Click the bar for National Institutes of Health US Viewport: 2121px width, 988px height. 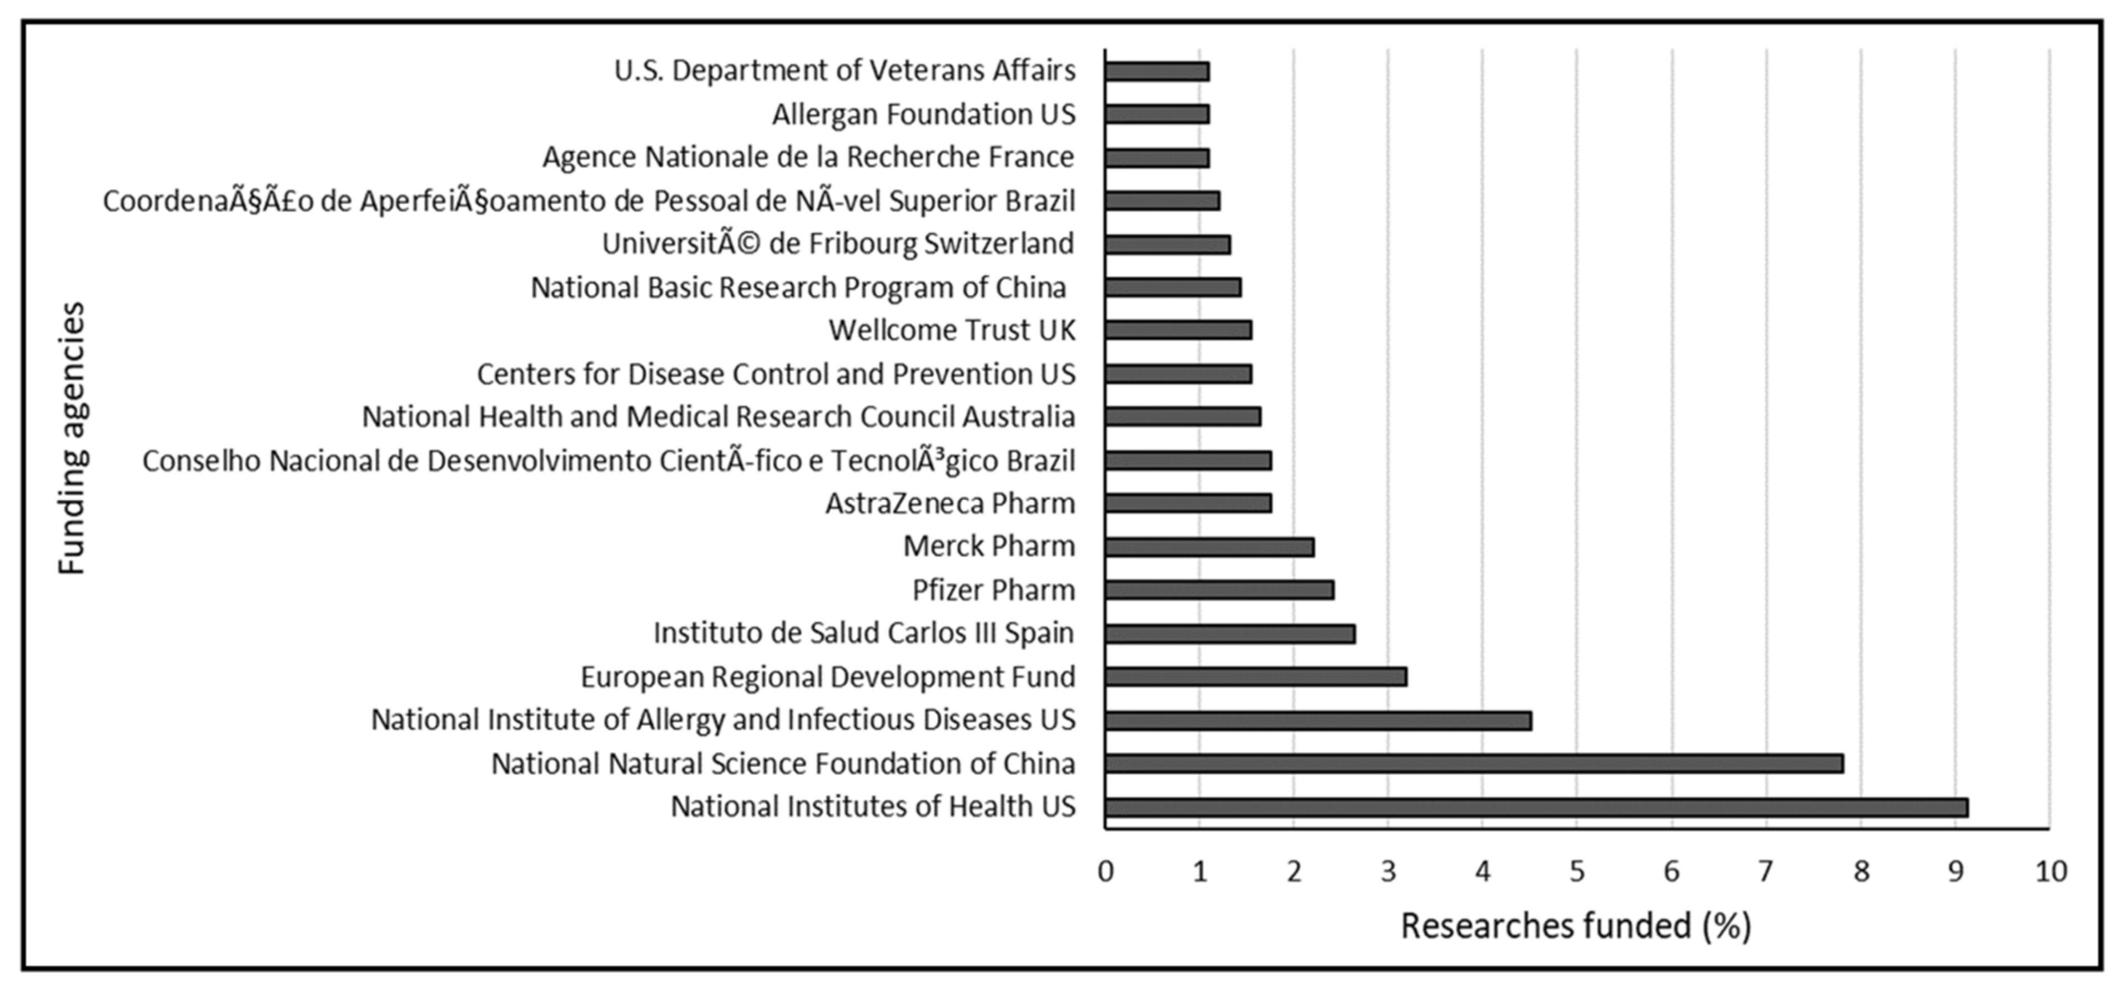tap(1536, 807)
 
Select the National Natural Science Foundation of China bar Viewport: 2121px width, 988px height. tap(1474, 763)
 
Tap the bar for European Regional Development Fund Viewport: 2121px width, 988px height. tap(1255, 677)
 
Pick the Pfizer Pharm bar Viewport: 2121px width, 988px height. tap(1219, 589)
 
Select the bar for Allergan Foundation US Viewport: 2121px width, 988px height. tap(1157, 114)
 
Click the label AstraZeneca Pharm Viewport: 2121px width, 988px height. tap(950, 503)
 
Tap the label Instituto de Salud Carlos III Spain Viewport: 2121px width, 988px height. tap(864, 633)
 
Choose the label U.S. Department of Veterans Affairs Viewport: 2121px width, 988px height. tap(845, 71)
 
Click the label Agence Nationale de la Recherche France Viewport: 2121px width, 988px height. tap(808, 157)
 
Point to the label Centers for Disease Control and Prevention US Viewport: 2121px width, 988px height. tap(776, 374)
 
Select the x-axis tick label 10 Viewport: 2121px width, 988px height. tap(2050, 871)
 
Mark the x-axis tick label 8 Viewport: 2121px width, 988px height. tap(1861, 871)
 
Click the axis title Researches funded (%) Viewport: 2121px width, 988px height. tap(1576, 926)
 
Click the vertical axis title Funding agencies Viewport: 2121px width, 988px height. tap(72, 438)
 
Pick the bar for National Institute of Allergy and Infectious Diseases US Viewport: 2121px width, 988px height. tap(1318, 720)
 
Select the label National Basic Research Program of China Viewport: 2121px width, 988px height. tap(798, 288)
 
